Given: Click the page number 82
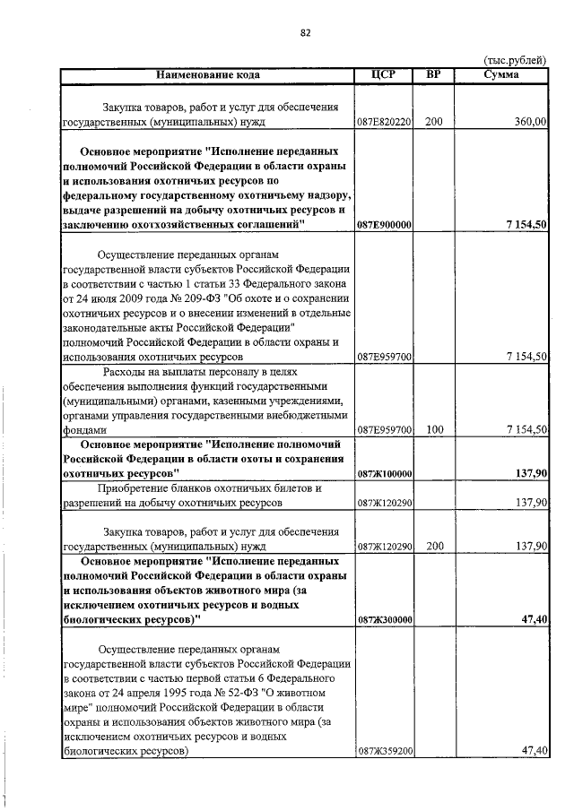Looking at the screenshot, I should click(305, 33).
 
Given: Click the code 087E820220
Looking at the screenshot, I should click(384, 122).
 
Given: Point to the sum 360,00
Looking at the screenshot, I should click(527, 122).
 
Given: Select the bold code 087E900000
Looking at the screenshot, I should click(384, 225).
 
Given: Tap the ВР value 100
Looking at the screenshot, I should click(434, 430).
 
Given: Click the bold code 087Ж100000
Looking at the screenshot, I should click(384, 472).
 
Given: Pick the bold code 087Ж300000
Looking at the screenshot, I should click(384, 619).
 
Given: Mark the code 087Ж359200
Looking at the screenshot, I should click(384, 752).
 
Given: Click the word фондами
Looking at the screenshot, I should click(81, 430).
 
